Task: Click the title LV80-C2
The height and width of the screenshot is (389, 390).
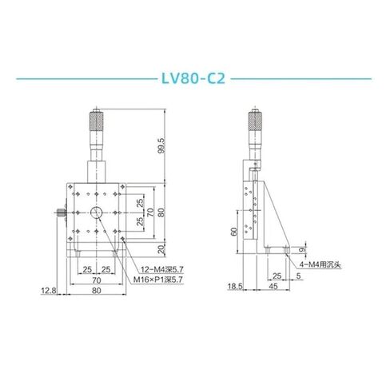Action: (x=193, y=80)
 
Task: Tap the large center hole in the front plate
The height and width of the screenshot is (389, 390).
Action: (x=96, y=212)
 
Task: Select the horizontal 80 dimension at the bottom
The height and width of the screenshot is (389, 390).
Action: (x=96, y=292)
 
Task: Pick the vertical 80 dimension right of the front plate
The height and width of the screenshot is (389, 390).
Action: (x=163, y=212)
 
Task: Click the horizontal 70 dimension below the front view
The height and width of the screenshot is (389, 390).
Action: (x=96, y=282)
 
